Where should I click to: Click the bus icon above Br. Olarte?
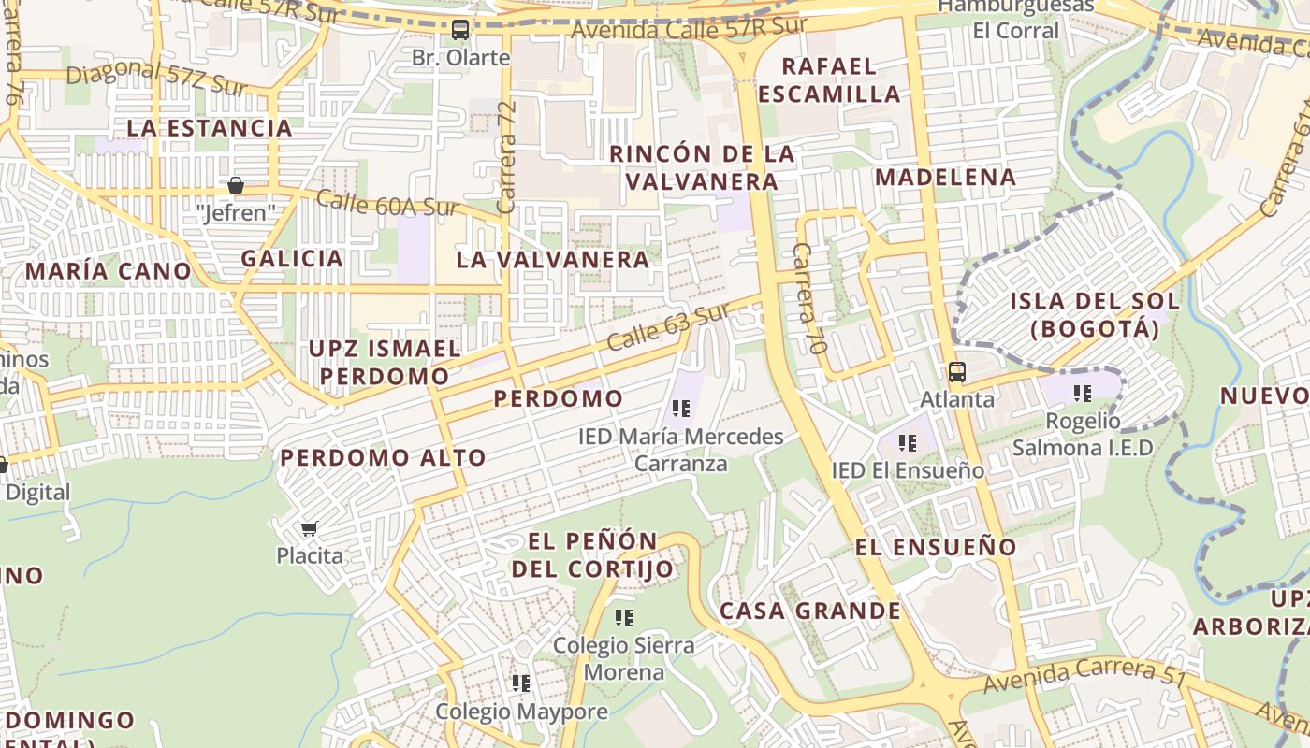tap(460, 30)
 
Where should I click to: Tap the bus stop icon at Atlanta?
tap(956, 372)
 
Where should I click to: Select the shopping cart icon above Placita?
tap(310, 528)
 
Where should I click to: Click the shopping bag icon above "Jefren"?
tap(236, 185)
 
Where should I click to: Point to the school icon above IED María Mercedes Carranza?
tap(681, 409)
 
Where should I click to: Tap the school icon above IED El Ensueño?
tap(907, 443)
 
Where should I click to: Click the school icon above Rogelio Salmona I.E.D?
tap(1083, 394)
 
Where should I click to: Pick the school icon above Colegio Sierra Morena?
tap(624, 618)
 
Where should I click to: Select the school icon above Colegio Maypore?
tap(521, 683)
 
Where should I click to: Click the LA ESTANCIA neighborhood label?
tap(210, 128)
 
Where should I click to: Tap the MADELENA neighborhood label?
tap(945, 177)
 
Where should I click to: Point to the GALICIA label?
tap(292, 258)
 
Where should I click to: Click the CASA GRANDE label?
tap(809, 611)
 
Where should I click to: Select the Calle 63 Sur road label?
tap(667, 327)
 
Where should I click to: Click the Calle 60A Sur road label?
tap(386, 204)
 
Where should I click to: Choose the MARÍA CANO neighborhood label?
tap(108, 271)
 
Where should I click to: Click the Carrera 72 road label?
tap(507, 145)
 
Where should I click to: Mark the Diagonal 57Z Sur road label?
tap(157, 80)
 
